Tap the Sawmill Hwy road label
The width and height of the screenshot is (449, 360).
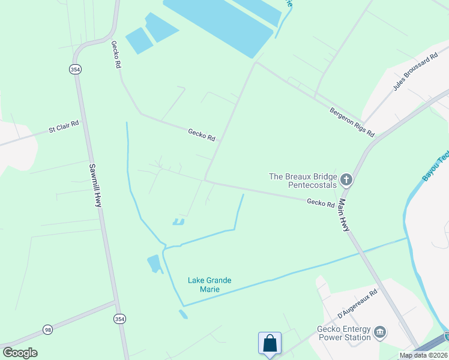[95, 185]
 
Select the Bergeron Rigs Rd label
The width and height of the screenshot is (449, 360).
[352, 121]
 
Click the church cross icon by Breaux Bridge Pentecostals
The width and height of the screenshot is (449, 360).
[346, 179]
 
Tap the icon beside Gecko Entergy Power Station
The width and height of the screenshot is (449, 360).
[379, 332]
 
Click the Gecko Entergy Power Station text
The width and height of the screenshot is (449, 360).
[344, 332]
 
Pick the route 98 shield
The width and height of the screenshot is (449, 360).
[47, 329]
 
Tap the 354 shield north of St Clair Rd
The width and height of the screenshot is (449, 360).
[74, 70]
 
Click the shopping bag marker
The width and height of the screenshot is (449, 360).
[270, 344]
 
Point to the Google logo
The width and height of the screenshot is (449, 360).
[20, 353]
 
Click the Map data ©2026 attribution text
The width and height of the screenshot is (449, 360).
[424, 355]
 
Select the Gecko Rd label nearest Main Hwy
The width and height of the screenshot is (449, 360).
[321, 203]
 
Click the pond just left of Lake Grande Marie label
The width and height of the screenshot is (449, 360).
[154, 263]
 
